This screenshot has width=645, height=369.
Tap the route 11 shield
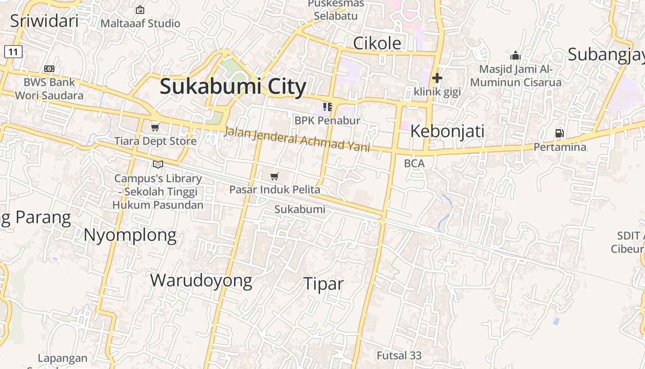(13, 52)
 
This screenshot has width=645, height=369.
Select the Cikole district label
(377, 43)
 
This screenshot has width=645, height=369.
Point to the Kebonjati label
(447, 131)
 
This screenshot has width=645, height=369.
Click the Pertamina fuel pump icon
(560, 134)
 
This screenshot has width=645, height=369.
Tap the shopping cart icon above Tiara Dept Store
(155, 127)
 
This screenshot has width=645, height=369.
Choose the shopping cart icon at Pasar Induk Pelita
(275, 176)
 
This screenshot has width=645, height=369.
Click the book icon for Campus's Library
(158, 164)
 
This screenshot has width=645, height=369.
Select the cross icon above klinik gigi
(437, 78)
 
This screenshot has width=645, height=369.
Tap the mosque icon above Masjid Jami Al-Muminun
(516, 56)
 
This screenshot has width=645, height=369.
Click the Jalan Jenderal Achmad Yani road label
(297, 139)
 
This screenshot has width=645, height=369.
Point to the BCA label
(414, 163)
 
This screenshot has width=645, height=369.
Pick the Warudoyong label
(201, 280)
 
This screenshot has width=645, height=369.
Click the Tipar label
(323, 284)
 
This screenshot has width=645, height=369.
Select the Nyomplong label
(130, 235)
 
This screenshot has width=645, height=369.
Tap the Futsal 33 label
(399, 356)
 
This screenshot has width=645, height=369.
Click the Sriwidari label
(44, 21)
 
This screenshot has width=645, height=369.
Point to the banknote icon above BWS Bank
(49, 69)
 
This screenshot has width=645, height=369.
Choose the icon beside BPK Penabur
(328, 107)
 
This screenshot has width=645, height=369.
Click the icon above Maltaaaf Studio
(140, 10)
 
